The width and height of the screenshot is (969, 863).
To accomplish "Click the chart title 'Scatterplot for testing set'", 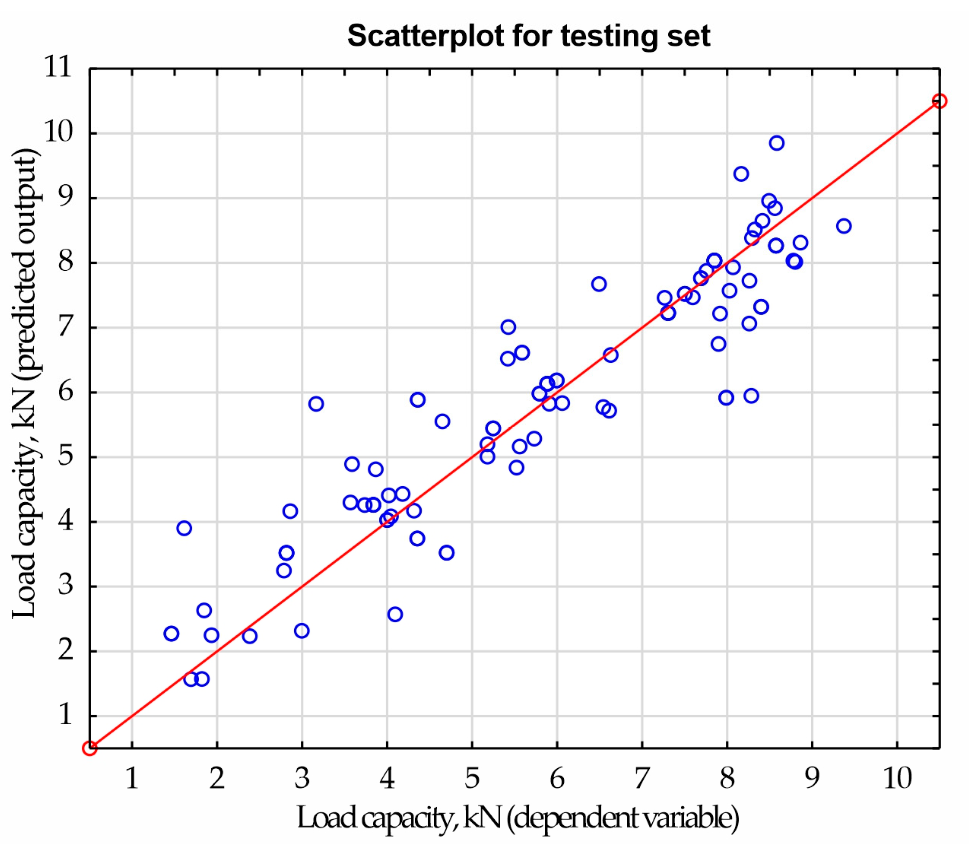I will click(x=528, y=36).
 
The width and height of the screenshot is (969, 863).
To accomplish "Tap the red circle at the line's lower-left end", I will click(x=90, y=748).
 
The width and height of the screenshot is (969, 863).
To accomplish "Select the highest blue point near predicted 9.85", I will click(x=777, y=143).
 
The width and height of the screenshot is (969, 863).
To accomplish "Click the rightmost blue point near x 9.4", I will click(x=844, y=226).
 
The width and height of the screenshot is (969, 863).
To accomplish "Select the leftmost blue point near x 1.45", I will click(x=171, y=633).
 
